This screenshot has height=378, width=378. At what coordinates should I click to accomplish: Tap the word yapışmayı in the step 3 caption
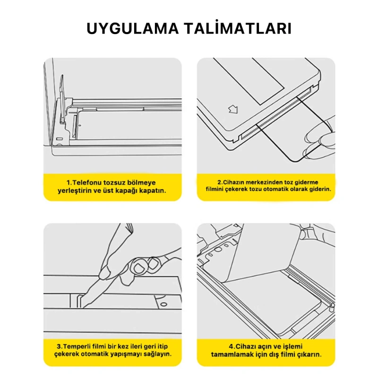coord(129,353)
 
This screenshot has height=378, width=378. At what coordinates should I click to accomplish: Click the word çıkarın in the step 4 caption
coord(310,354)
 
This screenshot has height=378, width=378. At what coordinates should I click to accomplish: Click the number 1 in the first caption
coord(68,182)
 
